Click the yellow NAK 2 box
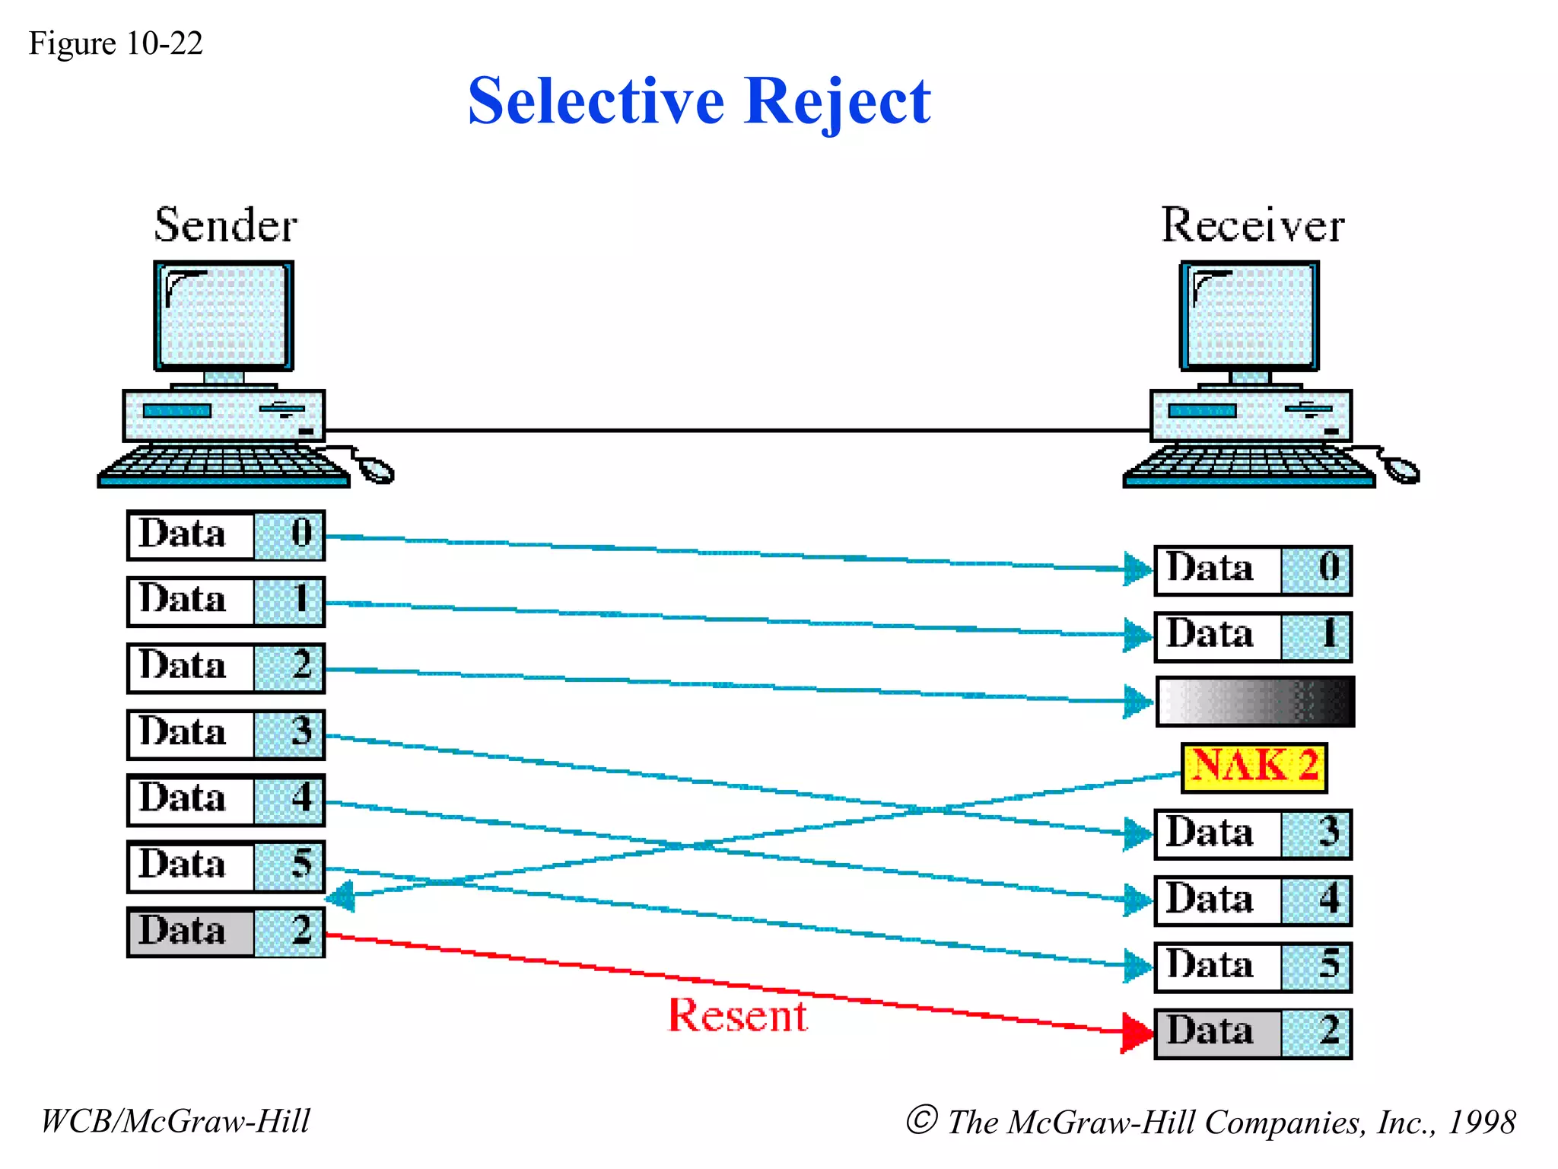[1254, 767]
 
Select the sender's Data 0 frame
[226, 535]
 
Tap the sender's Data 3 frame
[226, 734]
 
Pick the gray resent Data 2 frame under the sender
[226, 932]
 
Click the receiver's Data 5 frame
[1253, 967]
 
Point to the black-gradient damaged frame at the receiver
[1255, 701]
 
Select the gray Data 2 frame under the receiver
[1253, 1033]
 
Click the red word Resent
[737, 1016]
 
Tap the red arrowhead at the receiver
[1137, 1032]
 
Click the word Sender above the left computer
[225, 225]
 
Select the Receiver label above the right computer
[1252, 225]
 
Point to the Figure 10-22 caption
[116, 43]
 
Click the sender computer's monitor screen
[224, 316]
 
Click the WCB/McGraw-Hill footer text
[176, 1121]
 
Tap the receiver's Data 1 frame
[1253, 635]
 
